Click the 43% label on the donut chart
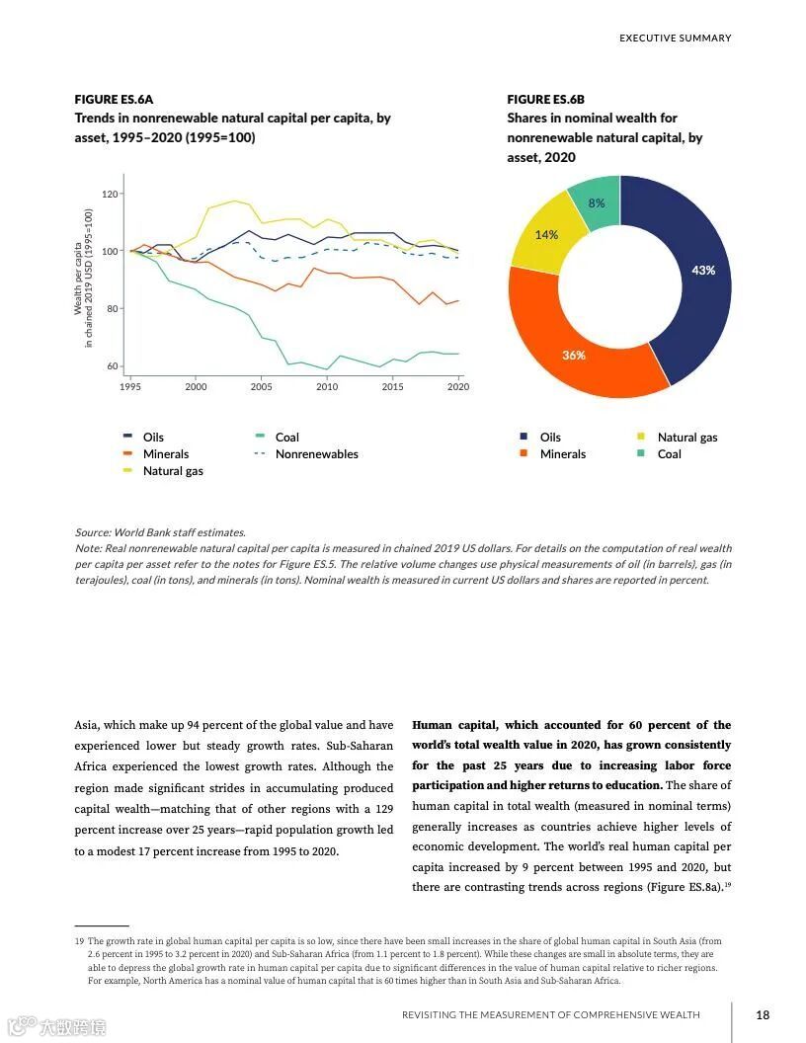pyautogui.click(x=703, y=270)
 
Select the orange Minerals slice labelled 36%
pyautogui.click(x=574, y=355)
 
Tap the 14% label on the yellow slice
pyautogui.click(x=546, y=235)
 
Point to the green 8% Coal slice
pyautogui.click(x=597, y=203)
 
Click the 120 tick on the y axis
pyautogui.click(x=110, y=194)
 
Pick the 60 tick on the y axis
pyautogui.click(x=112, y=366)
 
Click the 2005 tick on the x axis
pyautogui.click(x=261, y=387)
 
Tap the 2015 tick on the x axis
pyautogui.click(x=392, y=387)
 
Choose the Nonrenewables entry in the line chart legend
pyautogui.click(x=316, y=454)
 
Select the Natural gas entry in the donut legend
pyautogui.click(x=687, y=438)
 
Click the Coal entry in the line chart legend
pyautogui.click(x=286, y=438)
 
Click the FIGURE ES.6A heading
pyautogui.click(x=114, y=100)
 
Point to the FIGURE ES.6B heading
pyautogui.click(x=545, y=100)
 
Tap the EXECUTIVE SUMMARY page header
pyautogui.click(x=675, y=39)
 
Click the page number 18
pyautogui.click(x=763, y=1014)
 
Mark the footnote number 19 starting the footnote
pyautogui.click(x=79, y=942)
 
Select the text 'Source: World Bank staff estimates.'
pyautogui.click(x=160, y=532)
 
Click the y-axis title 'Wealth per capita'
pyautogui.click(x=79, y=280)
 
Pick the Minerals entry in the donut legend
pyautogui.click(x=562, y=454)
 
